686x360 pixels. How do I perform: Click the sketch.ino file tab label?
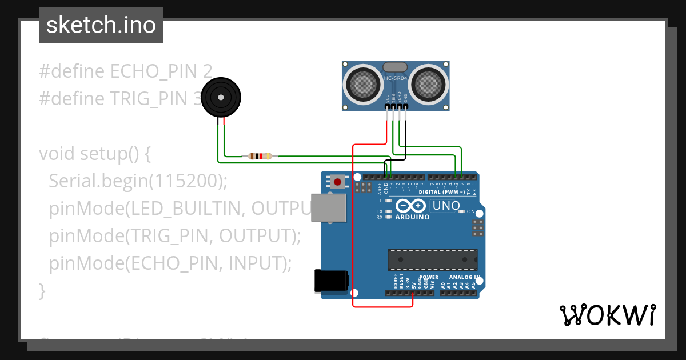(x=101, y=25)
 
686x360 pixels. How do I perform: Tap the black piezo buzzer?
(x=221, y=97)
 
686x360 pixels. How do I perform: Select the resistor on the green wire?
(x=260, y=156)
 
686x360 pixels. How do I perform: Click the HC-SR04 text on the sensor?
(x=396, y=78)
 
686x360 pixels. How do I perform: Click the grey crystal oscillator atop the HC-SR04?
(x=395, y=67)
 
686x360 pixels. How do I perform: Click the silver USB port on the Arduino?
(x=329, y=207)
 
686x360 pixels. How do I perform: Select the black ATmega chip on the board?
(x=432, y=259)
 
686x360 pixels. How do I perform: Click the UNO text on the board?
(x=446, y=206)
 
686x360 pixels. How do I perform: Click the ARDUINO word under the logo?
(x=412, y=217)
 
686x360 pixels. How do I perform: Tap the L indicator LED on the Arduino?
(x=389, y=201)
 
